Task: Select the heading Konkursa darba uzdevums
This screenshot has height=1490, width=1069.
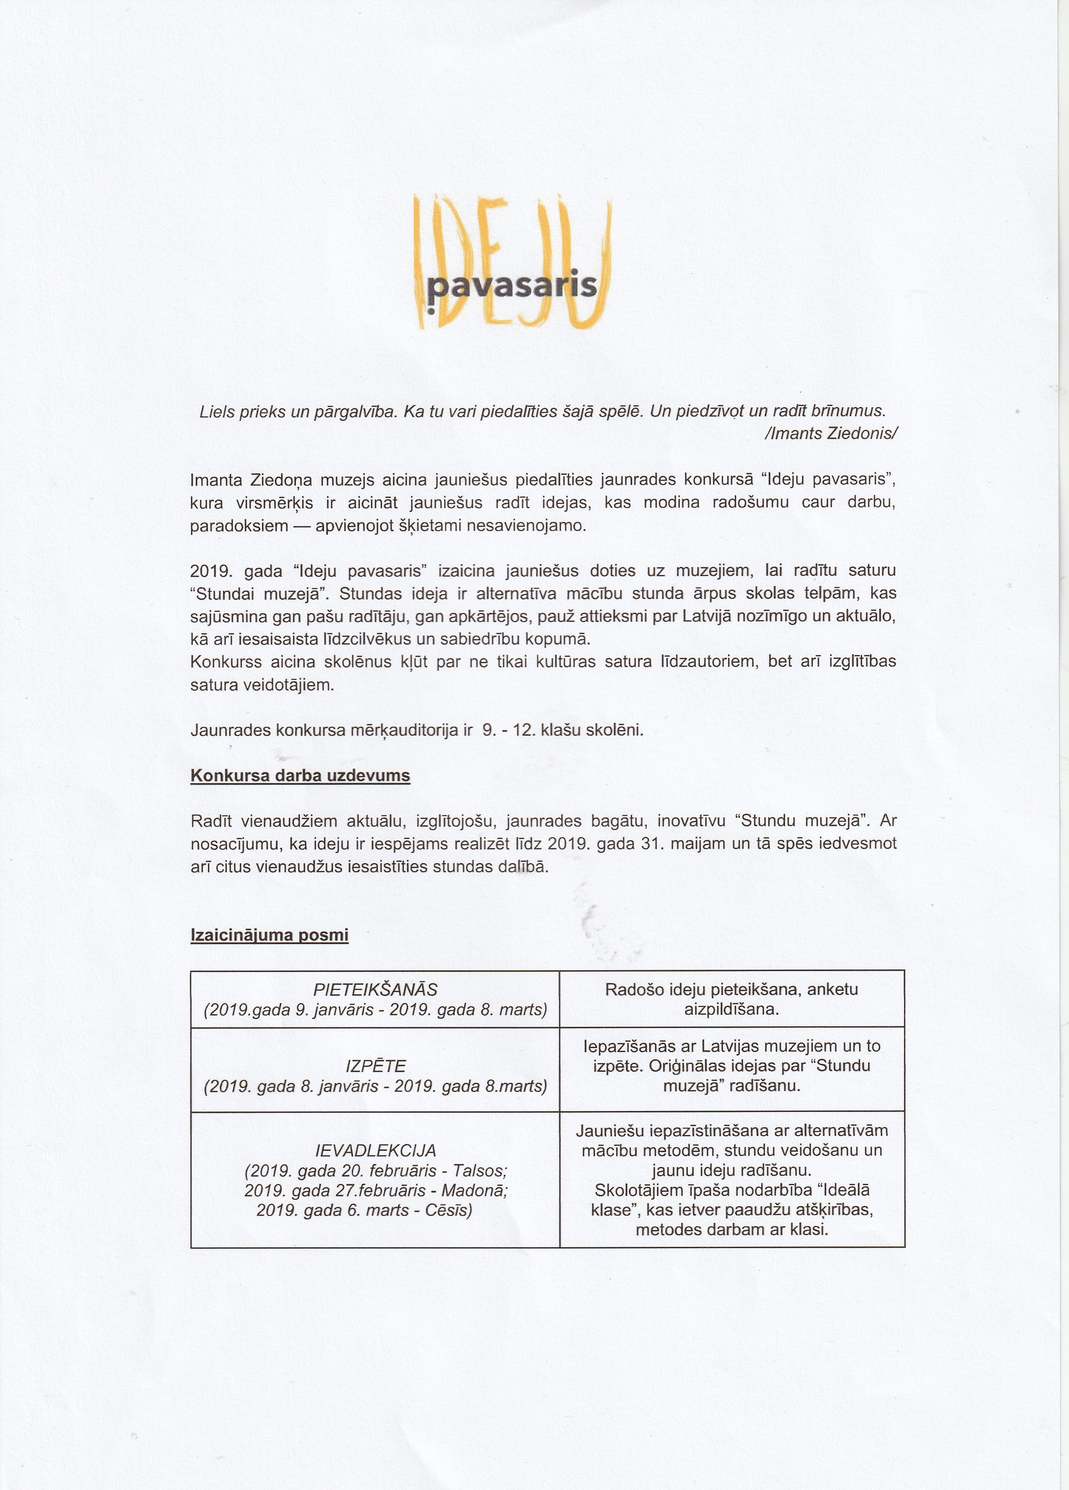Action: pyautogui.click(x=300, y=776)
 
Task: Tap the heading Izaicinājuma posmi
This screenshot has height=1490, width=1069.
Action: pyautogui.click(x=269, y=935)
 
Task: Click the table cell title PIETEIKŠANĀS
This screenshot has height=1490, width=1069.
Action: pyautogui.click(x=375, y=989)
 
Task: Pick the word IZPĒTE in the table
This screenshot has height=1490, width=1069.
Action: pyautogui.click(x=375, y=1066)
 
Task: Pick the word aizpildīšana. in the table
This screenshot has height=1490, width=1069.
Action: pyautogui.click(x=731, y=1009)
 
